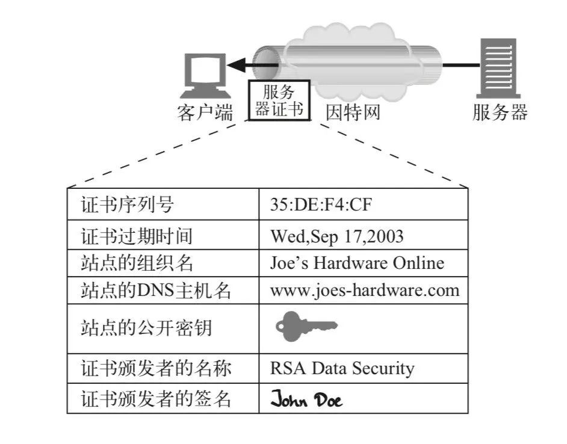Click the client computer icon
tap(206, 76)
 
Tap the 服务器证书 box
tap(279, 100)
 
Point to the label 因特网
tap(353, 113)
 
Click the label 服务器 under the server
tap(500, 113)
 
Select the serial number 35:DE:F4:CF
tap(321, 205)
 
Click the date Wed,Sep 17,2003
tap(336, 236)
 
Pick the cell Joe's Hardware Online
tap(357, 263)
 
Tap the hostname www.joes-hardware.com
tap(365, 291)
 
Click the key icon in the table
tap(306, 327)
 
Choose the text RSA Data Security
tap(342, 368)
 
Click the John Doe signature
tap(306, 399)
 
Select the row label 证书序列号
tap(127, 205)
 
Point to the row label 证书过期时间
tap(137, 236)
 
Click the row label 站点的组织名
tap(137, 263)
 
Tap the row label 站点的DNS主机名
tap(155, 291)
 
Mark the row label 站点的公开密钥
tap(146, 328)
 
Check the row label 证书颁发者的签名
tap(155, 399)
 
